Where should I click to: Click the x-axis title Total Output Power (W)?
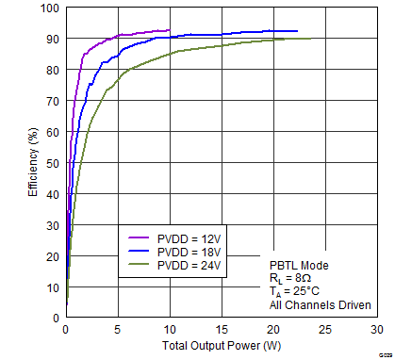(x=221, y=347)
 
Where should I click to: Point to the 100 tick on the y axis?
(x=49, y=8)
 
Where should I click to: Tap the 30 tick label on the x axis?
(x=376, y=329)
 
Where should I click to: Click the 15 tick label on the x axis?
(x=221, y=329)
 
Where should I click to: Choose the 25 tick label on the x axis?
(x=324, y=329)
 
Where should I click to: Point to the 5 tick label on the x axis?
(x=117, y=329)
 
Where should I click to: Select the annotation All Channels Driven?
(x=320, y=304)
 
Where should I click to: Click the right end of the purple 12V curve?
(x=170, y=30)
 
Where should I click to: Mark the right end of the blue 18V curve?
(x=297, y=31)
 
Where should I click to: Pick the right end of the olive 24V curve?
(x=312, y=39)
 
